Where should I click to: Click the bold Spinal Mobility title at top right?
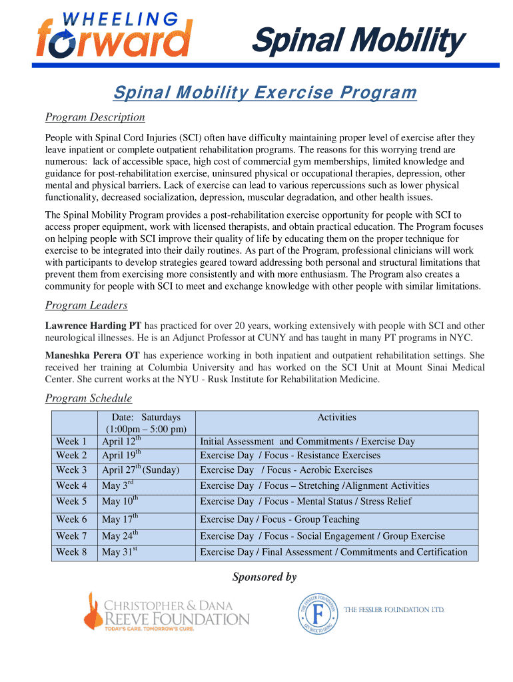pyautogui.click(x=356, y=41)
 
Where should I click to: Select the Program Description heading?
pyautogui.click(x=95, y=117)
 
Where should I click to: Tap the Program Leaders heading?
pyautogui.click(x=86, y=305)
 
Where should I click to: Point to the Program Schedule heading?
pyautogui.click(x=88, y=398)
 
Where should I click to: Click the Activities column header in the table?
pyautogui.click(x=336, y=418)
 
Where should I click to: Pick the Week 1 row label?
pyautogui.click(x=71, y=442)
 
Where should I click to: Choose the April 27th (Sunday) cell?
pyautogui.click(x=141, y=470)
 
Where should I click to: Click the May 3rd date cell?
pyautogui.click(x=118, y=486)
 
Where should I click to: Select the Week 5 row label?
pyautogui.click(x=71, y=502)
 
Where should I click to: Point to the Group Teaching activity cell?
pyautogui.click(x=280, y=519)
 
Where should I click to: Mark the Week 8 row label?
pyautogui.click(x=71, y=552)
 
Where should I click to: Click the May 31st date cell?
pyautogui.click(x=119, y=552)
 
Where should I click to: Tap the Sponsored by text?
pyautogui.click(x=264, y=577)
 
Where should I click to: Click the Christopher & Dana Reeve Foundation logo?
pyautogui.click(x=167, y=612)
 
